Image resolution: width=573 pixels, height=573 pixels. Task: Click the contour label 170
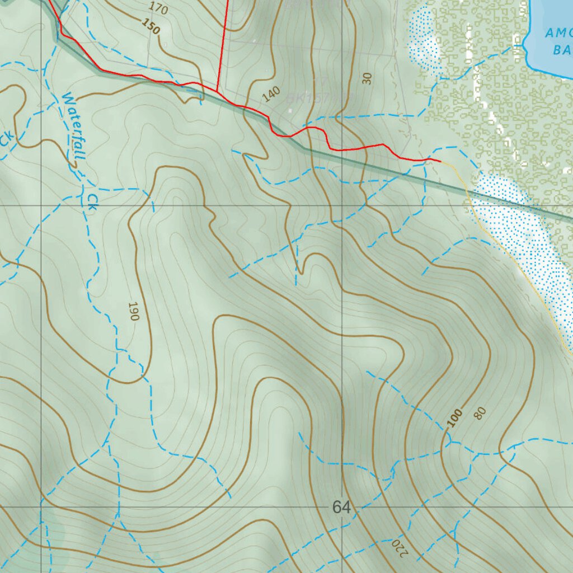159,8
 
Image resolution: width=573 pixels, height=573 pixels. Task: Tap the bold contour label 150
151,26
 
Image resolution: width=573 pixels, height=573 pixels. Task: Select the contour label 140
271,95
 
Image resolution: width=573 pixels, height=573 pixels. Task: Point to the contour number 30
367,78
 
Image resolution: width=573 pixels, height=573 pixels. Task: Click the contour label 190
133,311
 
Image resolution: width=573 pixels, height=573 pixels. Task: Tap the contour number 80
480,414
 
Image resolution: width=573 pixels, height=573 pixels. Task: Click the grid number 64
341,508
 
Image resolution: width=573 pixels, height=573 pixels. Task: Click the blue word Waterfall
73,126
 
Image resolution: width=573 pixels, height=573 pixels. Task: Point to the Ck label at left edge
7,140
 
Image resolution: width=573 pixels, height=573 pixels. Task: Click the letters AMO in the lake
558,34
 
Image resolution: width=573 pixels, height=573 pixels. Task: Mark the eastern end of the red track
440,161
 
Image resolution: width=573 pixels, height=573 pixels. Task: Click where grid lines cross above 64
342,205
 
